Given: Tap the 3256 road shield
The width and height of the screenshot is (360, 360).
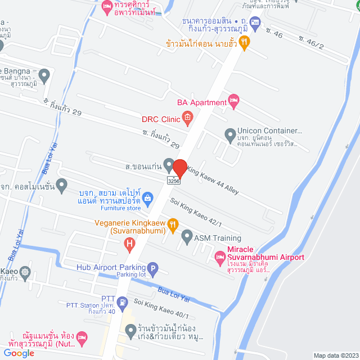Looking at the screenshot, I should pyautogui.click(x=174, y=181).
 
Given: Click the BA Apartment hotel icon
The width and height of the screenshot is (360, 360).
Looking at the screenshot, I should pyautogui.click(x=235, y=102).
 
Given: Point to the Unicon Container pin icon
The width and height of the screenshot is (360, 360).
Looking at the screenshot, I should pyautogui.click(x=229, y=134).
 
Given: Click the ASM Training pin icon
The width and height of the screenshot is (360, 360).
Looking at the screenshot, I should pyautogui.click(x=187, y=238).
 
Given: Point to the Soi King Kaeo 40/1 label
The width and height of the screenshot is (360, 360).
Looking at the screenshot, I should pyautogui.click(x=161, y=309).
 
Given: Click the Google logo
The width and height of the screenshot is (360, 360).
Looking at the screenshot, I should pyautogui.click(x=18, y=353).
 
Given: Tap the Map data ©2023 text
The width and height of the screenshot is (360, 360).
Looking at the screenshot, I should pyautogui.click(x=335, y=355).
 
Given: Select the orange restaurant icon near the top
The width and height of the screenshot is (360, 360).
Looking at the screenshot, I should pyautogui.click(x=244, y=42).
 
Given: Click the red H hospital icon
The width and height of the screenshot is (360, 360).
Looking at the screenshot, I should pyautogui.click(x=129, y=244).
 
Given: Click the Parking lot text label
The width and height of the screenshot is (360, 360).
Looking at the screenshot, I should pyautogui.click(x=130, y=275).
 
